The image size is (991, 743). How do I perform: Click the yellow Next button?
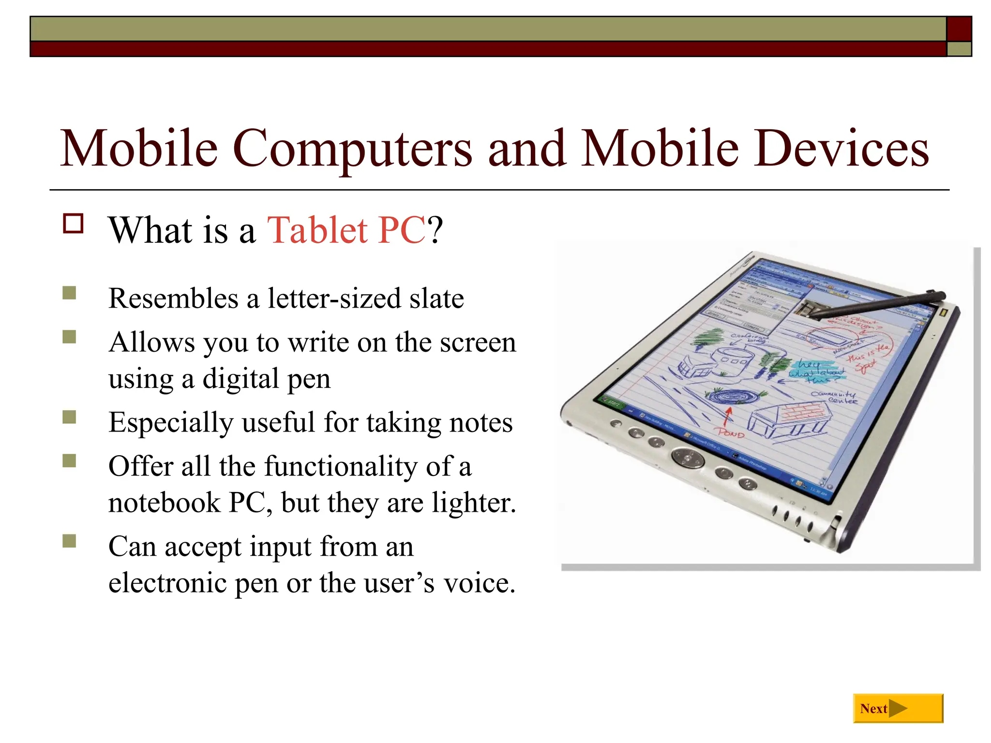click(x=898, y=708)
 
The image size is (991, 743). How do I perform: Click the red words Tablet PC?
click(x=346, y=230)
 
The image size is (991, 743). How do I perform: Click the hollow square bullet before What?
click(x=73, y=224)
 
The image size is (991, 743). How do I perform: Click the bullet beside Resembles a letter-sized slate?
click(x=69, y=293)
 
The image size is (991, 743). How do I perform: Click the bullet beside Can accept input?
click(x=69, y=541)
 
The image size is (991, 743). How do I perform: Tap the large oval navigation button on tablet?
click(x=688, y=457)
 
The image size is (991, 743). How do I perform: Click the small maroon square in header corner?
click(x=959, y=29)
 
